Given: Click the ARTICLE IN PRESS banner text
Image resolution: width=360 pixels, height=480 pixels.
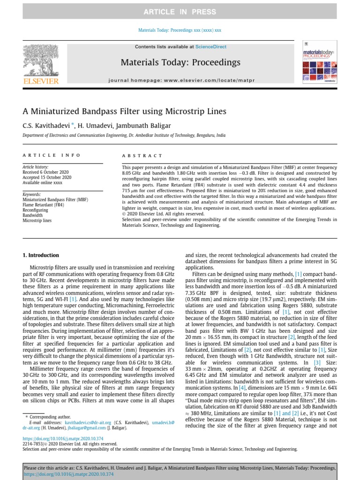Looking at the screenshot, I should click(x=180, y=12).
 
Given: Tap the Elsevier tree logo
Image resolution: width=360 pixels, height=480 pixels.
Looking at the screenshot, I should click(x=41, y=60).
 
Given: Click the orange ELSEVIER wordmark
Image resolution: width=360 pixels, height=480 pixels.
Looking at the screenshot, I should click(x=41, y=82).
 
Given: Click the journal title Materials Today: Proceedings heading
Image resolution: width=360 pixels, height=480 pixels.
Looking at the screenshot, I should click(x=180, y=62).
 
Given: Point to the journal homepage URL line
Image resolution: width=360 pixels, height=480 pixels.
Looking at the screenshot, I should click(x=181, y=81).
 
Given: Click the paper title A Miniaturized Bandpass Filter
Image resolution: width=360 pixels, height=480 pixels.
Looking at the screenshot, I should click(x=125, y=112).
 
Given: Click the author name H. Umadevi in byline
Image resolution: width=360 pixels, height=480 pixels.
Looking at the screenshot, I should click(x=97, y=126).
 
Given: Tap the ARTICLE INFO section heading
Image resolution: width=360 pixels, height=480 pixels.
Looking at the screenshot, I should click(x=52, y=155).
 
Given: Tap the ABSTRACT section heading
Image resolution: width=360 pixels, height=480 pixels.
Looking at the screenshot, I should click(x=142, y=156).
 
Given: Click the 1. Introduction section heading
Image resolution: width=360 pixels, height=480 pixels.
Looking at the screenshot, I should click(x=41, y=255).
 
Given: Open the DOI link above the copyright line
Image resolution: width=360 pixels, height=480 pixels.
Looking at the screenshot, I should click(x=52, y=439).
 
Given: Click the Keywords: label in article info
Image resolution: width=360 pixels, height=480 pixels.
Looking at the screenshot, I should click(x=32, y=194).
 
